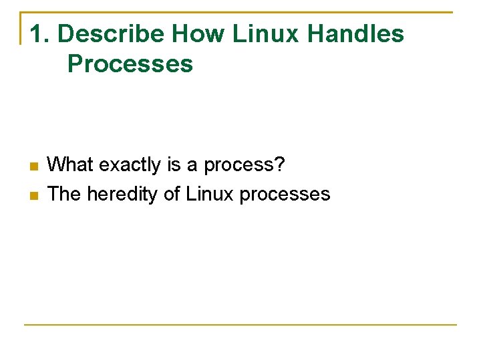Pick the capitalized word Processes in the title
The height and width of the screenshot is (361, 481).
tap(130, 64)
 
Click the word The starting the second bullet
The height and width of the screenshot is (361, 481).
tap(65, 194)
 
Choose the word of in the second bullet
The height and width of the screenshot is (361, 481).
tap(172, 194)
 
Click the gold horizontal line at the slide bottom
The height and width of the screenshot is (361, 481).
tap(240, 325)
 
